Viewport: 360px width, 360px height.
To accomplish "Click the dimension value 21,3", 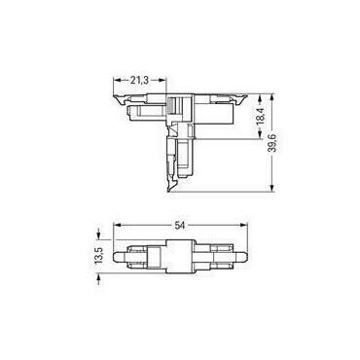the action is (139, 80).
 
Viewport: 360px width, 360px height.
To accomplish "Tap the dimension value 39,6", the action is (273, 143).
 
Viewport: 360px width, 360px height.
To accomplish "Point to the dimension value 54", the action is (179, 226).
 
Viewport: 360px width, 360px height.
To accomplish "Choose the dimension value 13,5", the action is (98, 256).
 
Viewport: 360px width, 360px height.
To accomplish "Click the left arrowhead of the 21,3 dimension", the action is (117, 80).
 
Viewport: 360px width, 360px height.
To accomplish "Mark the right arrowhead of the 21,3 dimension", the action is (162, 80).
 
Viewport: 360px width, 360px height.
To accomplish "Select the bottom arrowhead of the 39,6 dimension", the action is (272, 188).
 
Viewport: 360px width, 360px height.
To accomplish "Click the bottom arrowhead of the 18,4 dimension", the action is (261, 135).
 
